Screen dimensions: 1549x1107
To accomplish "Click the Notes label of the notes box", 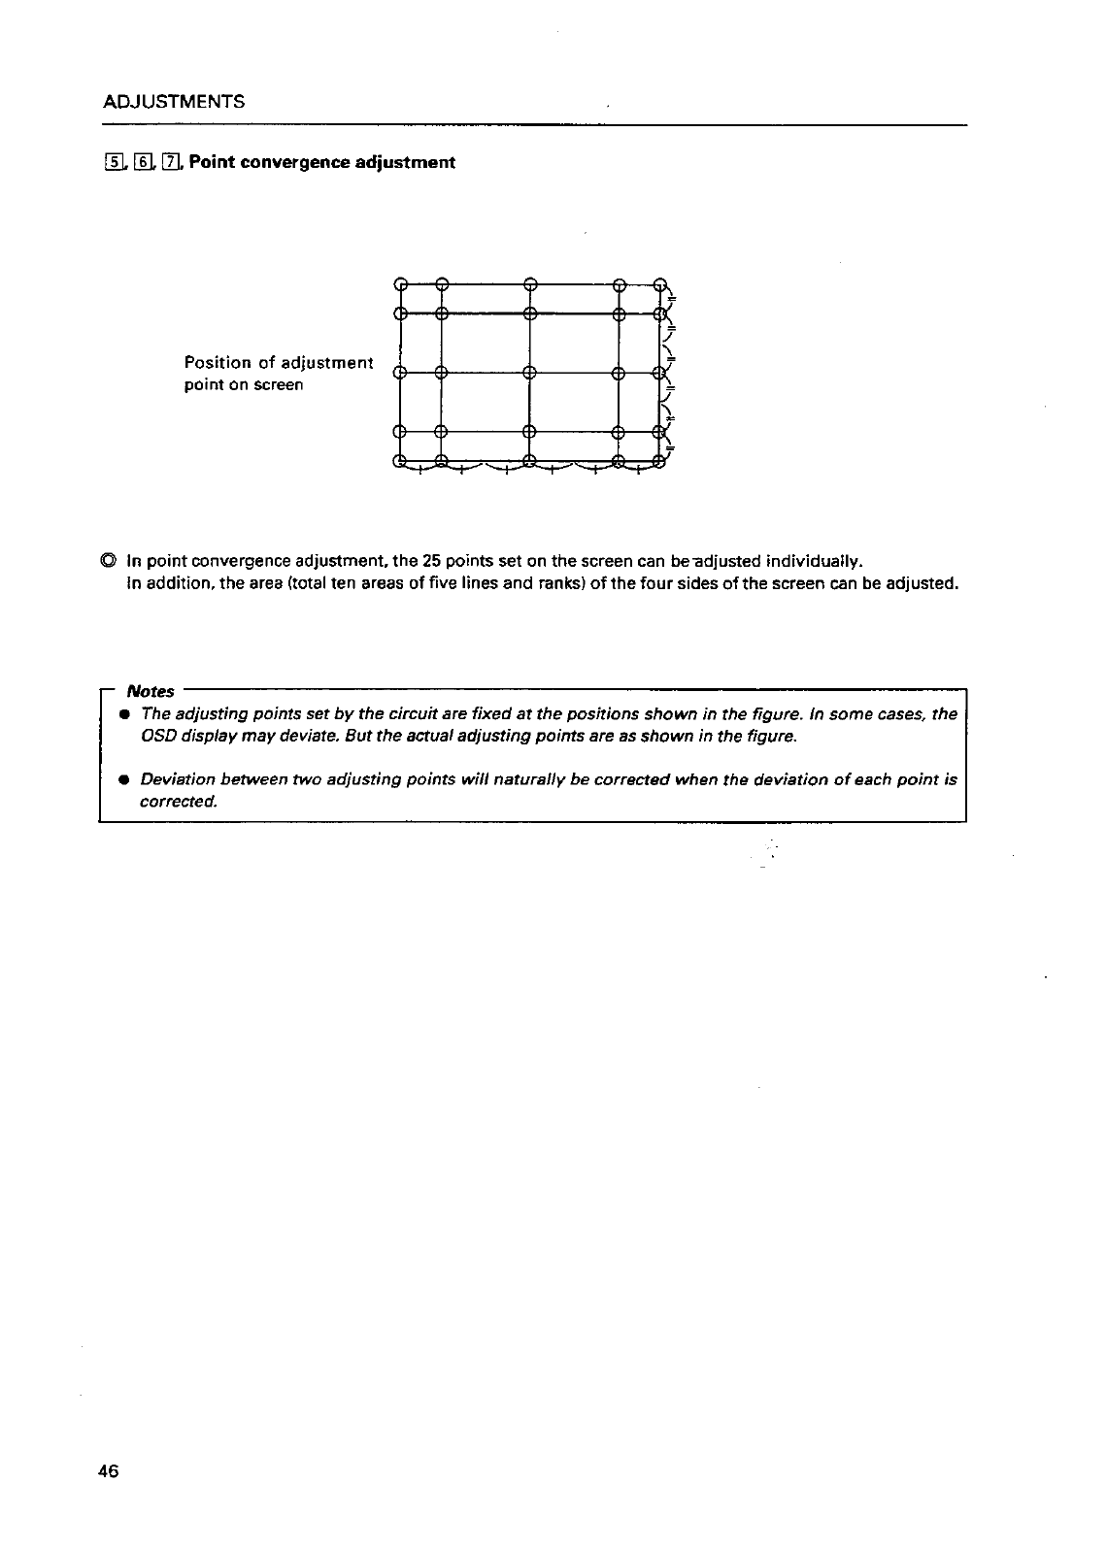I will click(x=151, y=691).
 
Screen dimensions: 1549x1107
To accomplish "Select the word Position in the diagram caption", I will click(x=216, y=363).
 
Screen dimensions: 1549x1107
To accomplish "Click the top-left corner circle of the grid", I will click(x=399, y=284).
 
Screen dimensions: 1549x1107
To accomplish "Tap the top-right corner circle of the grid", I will click(x=661, y=284).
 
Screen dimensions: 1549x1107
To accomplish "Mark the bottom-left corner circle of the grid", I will click(x=399, y=462).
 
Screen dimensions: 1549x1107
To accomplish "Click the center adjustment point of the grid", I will click(x=530, y=372).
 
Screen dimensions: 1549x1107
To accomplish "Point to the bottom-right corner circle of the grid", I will click(x=661, y=462).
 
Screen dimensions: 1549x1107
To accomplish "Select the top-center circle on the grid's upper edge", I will click(x=530, y=284).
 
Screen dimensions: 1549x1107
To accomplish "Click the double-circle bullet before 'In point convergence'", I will click(x=109, y=561).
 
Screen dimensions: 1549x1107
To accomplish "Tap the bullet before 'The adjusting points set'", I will click(x=124, y=714).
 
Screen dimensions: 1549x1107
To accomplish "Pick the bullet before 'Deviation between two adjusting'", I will click(x=124, y=780).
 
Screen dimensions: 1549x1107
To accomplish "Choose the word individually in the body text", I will click(x=814, y=561).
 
